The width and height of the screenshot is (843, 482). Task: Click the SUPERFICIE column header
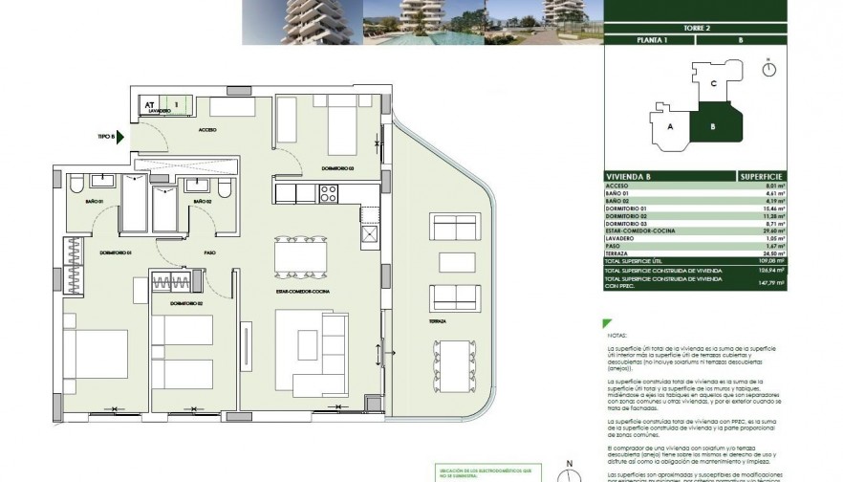click(762, 177)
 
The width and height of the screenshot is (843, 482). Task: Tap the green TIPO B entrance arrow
click(120, 136)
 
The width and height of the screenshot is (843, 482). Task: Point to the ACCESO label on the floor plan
click(207, 129)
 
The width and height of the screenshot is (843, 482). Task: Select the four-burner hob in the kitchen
click(328, 193)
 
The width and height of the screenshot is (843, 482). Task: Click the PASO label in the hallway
click(208, 253)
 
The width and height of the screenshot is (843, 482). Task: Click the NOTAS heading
click(616, 337)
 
